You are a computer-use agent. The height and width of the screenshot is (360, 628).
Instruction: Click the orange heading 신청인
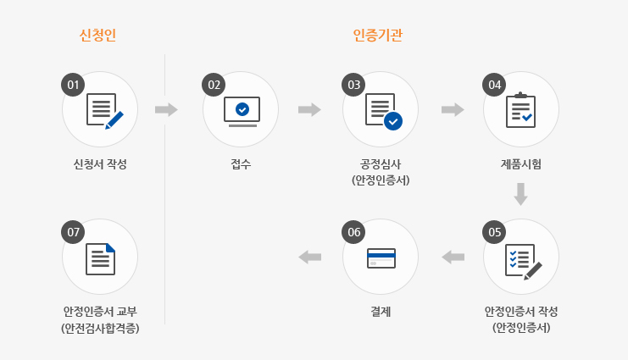(97, 36)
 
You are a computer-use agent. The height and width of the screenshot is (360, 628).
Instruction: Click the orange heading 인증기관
(377, 36)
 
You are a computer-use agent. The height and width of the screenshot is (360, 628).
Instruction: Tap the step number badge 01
(74, 84)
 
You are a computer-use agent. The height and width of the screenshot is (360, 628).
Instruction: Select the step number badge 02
(214, 84)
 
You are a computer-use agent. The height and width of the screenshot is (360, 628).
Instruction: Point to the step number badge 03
(354, 84)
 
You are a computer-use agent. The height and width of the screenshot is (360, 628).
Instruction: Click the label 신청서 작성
(100, 163)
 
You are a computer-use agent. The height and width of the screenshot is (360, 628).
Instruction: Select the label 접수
(240, 163)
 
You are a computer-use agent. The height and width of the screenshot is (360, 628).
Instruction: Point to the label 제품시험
(520, 163)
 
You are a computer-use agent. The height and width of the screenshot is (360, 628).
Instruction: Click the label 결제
(381, 311)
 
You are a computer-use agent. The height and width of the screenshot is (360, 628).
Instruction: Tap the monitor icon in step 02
(242, 111)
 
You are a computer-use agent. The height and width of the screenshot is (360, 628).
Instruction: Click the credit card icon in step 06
(381, 258)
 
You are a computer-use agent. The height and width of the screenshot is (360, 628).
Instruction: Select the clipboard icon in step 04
(520, 110)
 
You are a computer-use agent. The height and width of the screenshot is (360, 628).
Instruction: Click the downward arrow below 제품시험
(520, 195)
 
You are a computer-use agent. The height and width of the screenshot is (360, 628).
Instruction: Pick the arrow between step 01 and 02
(166, 109)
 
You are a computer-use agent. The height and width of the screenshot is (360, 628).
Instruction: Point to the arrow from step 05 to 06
(453, 257)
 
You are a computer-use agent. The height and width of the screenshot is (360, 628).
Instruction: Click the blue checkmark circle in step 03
(393, 121)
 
